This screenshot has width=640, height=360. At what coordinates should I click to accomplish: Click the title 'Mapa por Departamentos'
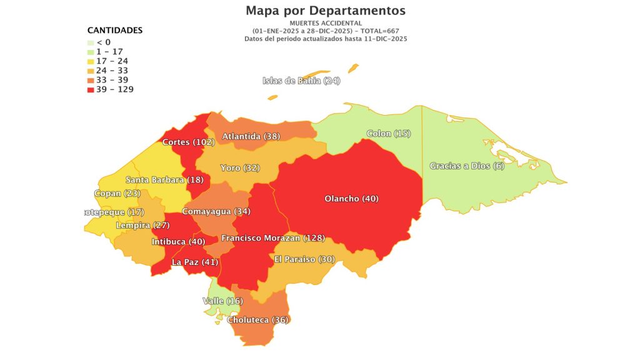[325, 11]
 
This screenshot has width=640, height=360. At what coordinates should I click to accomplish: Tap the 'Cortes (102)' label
[188, 142]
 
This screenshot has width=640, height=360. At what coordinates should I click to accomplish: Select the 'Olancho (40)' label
[351, 199]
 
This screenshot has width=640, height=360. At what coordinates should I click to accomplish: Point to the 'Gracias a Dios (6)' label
[466, 166]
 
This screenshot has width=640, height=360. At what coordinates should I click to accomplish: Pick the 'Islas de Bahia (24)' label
[301, 81]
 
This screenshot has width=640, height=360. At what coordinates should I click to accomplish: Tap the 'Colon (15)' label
[388, 134]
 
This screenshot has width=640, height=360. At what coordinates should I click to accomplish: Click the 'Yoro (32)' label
[240, 167]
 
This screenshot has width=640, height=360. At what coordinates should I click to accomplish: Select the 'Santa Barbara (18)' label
[164, 180]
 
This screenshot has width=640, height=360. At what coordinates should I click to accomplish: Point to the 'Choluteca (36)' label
[257, 320]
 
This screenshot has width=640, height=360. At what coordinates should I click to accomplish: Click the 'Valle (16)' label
[222, 301]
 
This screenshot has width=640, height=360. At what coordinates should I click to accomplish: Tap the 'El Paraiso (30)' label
[304, 259]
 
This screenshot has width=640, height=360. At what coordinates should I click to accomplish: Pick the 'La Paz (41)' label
[195, 262]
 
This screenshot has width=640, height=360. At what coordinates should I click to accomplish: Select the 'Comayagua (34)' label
[216, 211]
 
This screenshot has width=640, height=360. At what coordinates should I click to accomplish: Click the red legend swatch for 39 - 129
[91, 89]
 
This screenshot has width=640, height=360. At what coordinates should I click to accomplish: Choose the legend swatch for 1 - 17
[91, 52]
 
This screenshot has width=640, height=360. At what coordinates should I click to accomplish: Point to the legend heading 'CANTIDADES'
[114, 31]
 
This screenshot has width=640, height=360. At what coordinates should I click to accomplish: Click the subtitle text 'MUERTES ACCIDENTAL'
[325, 23]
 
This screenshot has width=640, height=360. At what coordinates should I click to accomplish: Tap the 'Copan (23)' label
[117, 193]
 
